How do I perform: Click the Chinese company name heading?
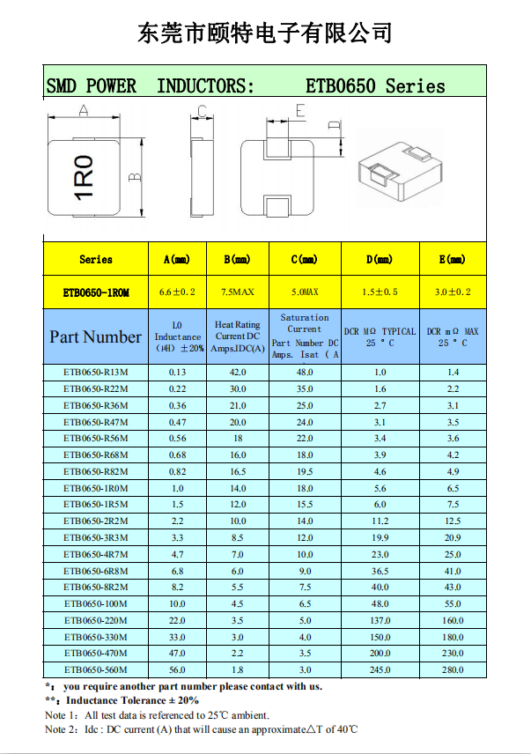[264, 33]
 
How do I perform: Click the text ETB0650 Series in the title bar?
[375, 86]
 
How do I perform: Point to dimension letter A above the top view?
[83, 110]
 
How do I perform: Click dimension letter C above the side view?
[202, 111]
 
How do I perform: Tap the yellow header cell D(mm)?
[380, 260]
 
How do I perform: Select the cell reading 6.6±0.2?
[177, 292]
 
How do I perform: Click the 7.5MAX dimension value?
[237, 292]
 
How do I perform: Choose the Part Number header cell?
[95, 336]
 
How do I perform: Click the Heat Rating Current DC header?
[237, 336]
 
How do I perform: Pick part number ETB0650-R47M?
[95, 422]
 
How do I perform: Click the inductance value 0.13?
[177, 372]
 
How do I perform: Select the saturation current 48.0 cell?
[304, 372]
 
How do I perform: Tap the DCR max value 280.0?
[453, 669]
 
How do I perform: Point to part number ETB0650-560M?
[95, 669]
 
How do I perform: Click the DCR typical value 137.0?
[380, 620]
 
